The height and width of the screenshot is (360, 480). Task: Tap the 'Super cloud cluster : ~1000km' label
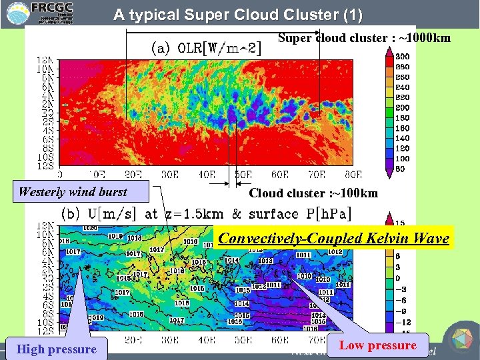pyautogui.click(x=364, y=38)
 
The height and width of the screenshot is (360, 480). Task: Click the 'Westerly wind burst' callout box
pyautogui.click(x=73, y=192)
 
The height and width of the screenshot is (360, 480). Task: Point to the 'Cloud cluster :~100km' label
pyautogui.click(x=313, y=193)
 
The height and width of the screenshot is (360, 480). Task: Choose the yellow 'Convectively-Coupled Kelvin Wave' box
pyautogui.click(x=334, y=238)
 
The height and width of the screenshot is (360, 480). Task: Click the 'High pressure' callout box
pyautogui.click(x=57, y=349)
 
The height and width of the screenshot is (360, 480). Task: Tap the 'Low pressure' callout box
pyautogui.click(x=378, y=345)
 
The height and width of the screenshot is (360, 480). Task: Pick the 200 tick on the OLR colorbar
pyautogui.click(x=403, y=107)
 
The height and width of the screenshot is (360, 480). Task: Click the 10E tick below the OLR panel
pyautogui.click(x=98, y=175)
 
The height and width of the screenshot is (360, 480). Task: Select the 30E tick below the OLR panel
pyautogui.click(x=171, y=175)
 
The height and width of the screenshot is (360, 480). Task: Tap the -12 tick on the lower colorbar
pyautogui.click(x=403, y=322)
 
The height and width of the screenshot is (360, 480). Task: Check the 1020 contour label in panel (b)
pyautogui.click(x=89, y=227)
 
